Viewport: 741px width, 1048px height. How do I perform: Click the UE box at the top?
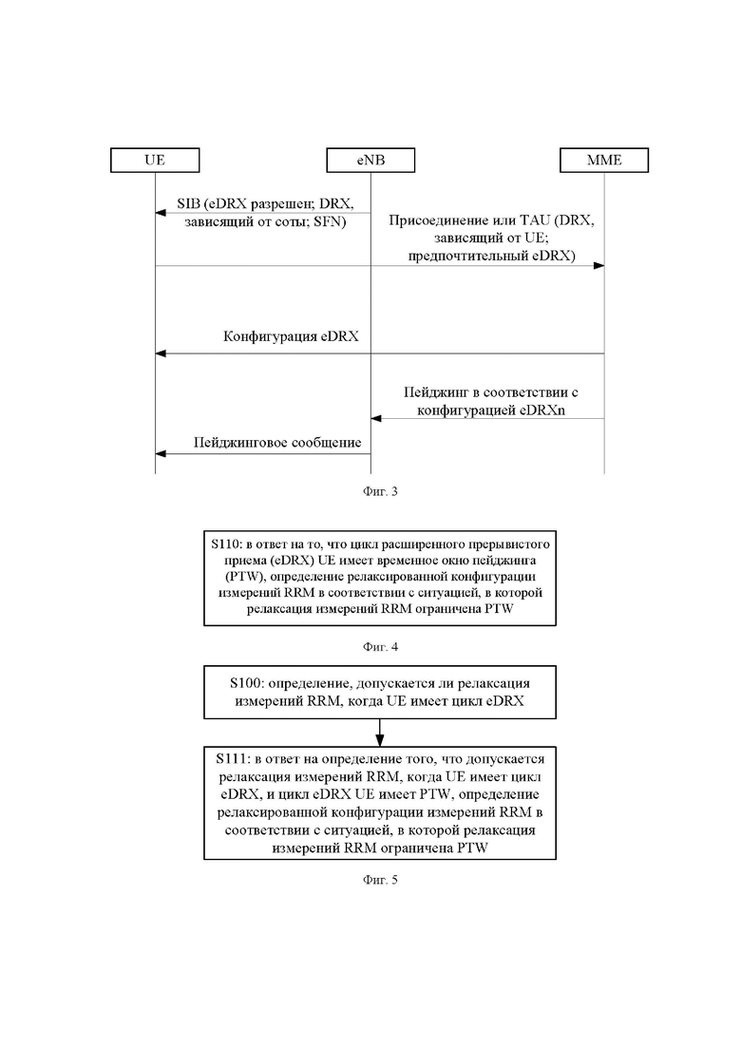[155, 161]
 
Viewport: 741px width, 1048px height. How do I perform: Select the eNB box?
[370, 161]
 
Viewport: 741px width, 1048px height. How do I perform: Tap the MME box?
[604, 161]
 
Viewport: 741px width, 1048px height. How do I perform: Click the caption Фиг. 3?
[380, 491]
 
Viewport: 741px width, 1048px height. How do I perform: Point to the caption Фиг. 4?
[380, 646]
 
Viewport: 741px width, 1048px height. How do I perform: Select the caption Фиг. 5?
[380, 880]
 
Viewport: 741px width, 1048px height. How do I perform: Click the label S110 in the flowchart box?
[223, 543]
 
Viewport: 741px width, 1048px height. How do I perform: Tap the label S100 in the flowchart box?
[244, 683]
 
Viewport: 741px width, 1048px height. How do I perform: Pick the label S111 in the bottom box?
[231, 759]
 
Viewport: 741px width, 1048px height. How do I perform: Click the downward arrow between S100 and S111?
[379, 733]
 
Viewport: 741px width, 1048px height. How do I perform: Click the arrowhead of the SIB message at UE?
[160, 213]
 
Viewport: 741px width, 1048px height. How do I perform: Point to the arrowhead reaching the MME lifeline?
[599, 265]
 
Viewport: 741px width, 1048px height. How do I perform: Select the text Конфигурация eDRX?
[291, 336]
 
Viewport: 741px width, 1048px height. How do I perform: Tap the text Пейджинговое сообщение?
[277, 443]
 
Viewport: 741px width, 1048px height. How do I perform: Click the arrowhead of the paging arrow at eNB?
[375, 418]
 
